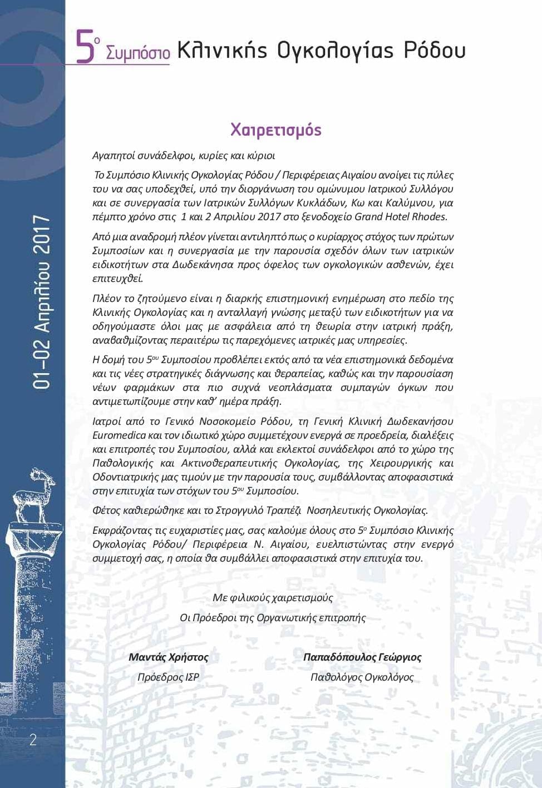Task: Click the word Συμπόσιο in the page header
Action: [x=137, y=53]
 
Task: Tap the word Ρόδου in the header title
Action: [x=435, y=50]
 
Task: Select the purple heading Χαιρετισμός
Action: [x=276, y=130]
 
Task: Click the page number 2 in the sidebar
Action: [x=33, y=739]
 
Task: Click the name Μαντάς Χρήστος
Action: [x=168, y=657]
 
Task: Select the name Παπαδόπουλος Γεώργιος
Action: [x=362, y=657]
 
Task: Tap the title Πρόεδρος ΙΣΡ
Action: [x=168, y=677]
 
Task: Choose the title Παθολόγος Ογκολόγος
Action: [x=362, y=677]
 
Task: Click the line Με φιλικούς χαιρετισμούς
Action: [x=273, y=598]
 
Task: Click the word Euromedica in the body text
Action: [x=119, y=435]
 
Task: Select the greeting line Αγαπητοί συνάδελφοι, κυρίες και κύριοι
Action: [x=184, y=156]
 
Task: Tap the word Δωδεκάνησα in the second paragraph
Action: [x=199, y=265]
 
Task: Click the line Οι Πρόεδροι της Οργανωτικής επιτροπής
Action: [x=273, y=618]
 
